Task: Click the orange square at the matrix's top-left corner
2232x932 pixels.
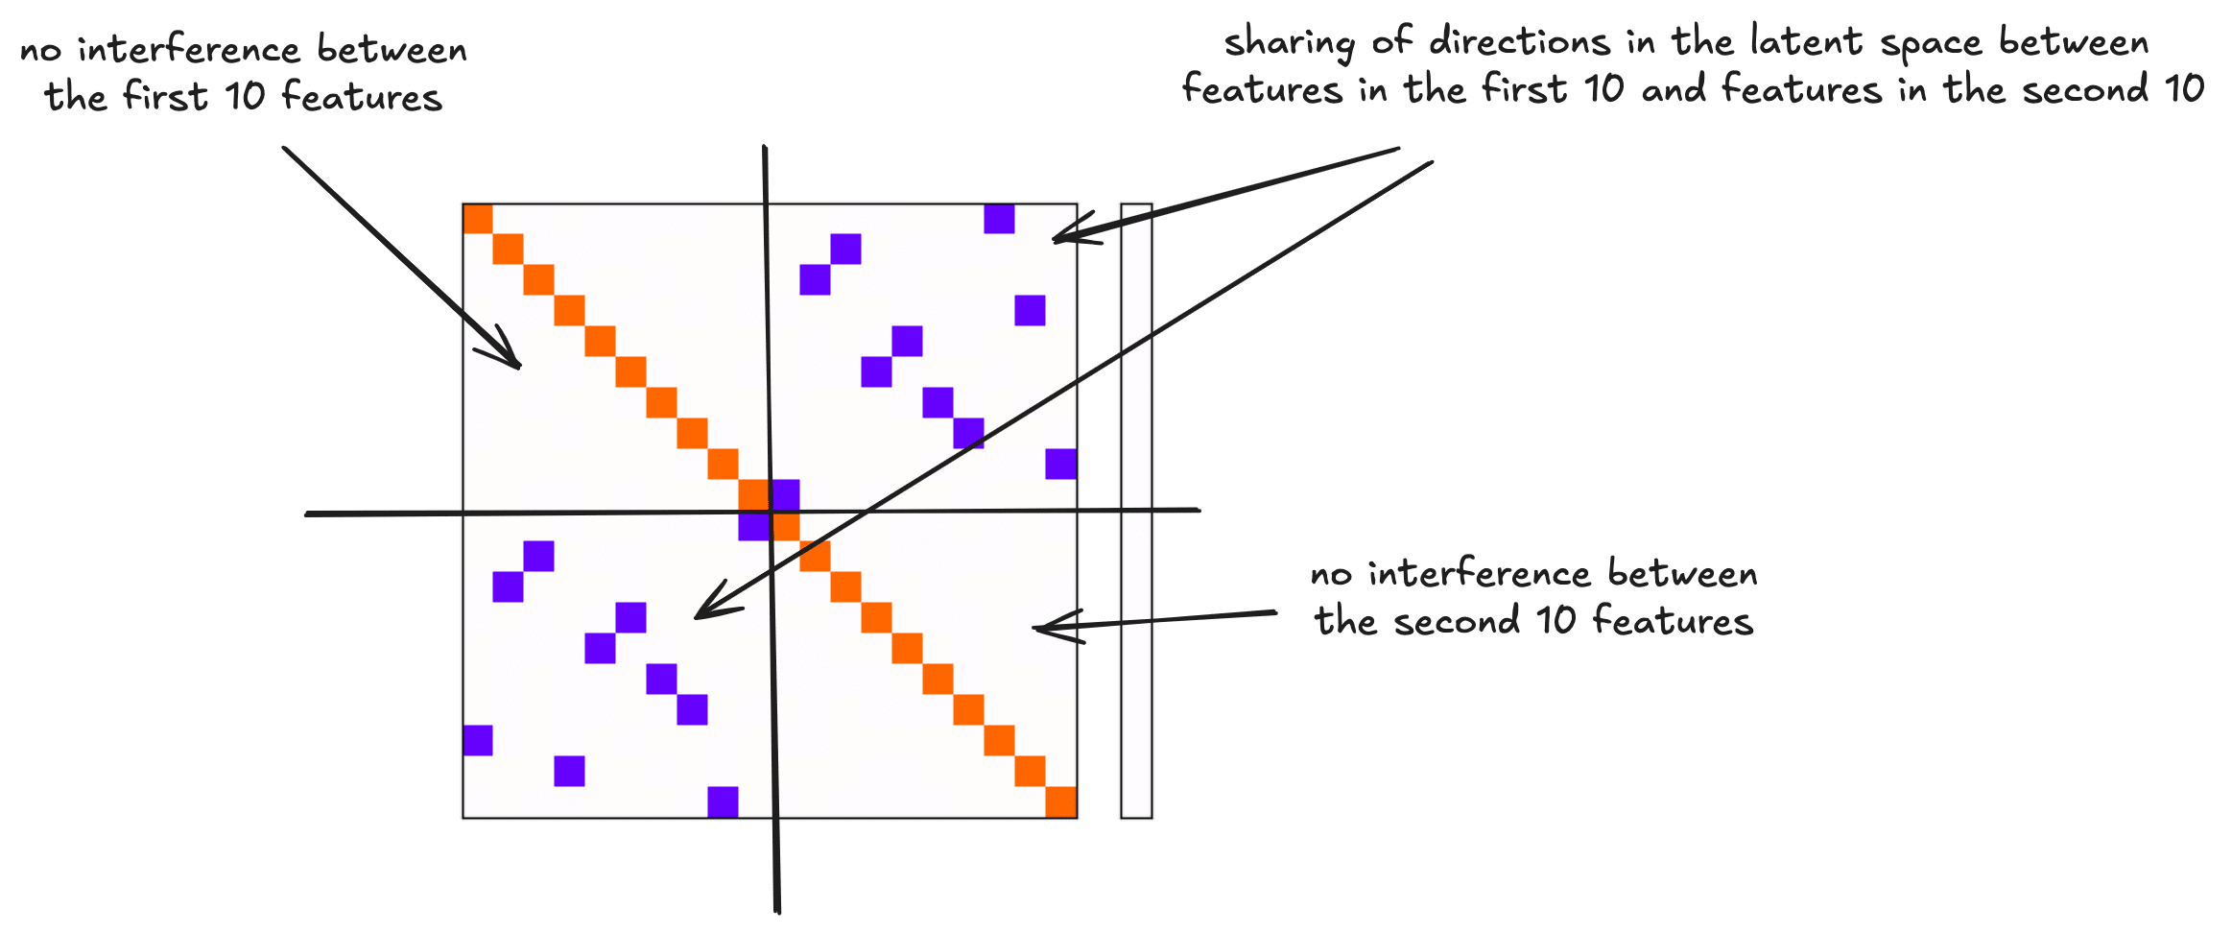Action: [478, 219]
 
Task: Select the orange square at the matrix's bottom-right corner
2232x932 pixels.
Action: [1060, 801]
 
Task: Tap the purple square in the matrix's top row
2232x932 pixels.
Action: [999, 219]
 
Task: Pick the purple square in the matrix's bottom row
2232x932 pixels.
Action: [723, 801]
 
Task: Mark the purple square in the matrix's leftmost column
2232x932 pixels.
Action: [478, 740]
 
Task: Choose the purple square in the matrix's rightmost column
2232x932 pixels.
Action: [1060, 464]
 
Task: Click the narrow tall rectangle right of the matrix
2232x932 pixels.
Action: [1136, 511]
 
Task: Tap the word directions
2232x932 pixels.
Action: [1519, 42]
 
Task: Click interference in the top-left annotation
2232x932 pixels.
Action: [188, 49]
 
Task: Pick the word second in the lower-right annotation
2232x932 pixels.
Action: [1457, 622]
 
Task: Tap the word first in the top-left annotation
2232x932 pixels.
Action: [165, 96]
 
